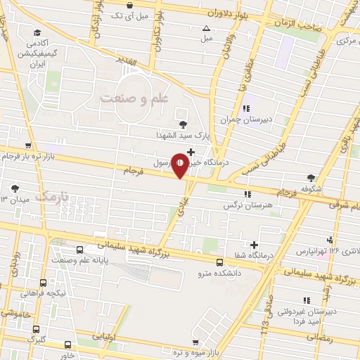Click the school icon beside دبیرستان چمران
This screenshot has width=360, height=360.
click(246, 108)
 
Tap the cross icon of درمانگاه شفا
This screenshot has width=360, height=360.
click(254, 245)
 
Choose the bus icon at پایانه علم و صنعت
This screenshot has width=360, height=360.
click(78, 249)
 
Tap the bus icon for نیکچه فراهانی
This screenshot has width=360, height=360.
click(44, 282)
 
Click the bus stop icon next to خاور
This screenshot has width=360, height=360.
click(67, 345)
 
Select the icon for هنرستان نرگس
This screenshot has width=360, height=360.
click(246, 194)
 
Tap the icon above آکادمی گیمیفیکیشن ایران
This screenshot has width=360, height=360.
click(36, 31)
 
